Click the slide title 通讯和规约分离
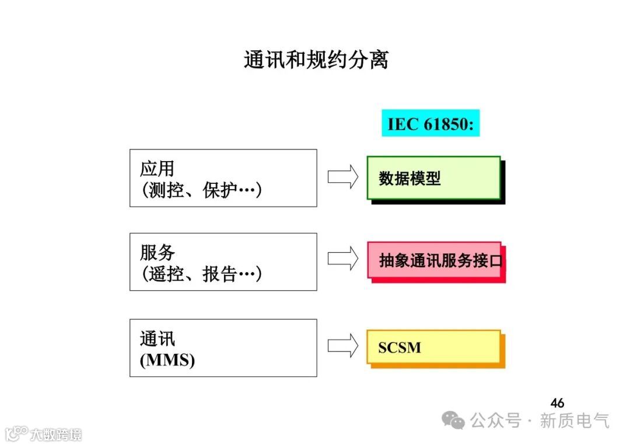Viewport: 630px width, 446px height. point(316,60)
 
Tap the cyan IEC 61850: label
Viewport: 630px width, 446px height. point(430,124)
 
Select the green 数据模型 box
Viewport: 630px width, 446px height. point(433,178)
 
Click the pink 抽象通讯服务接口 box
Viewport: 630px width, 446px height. point(435,260)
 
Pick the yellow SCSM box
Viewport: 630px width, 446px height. point(433,347)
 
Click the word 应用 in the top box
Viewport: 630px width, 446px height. point(157,169)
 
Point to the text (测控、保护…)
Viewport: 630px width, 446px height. point(201,190)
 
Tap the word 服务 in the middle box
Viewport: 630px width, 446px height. point(157,253)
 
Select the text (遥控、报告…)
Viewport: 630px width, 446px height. point(201,274)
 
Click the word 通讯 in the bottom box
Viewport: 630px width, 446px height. point(157,339)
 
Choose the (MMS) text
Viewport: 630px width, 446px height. point(167,360)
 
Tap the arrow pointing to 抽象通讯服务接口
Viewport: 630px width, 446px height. point(343,259)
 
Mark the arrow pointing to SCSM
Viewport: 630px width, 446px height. point(343,345)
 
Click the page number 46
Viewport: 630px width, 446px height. point(557,403)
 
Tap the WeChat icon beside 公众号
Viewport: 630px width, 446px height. point(453,420)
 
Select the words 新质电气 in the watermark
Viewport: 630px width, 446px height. point(575,420)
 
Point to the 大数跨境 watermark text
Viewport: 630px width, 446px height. point(56,434)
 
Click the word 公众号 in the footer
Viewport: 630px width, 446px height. point(495,420)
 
